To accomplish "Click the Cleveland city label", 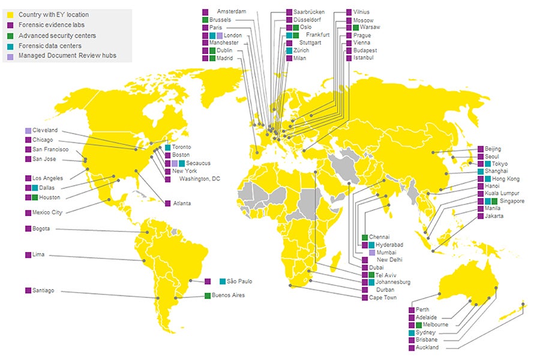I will click(45, 130).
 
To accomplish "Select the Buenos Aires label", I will click(229, 295).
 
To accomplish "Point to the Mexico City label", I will click(48, 212).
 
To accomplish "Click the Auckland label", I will click(428, 347).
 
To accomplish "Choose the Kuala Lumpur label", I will click(502, 194).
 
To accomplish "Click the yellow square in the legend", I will click(10, 13).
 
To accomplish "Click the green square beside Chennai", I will click(364, 237).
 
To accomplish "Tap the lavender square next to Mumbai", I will click(372, 253).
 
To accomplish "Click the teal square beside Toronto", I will click(167, 147).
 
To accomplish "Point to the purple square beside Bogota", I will click(28, 229).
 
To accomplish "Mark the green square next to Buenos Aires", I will click(208, 295).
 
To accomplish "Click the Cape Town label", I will click(383, 298).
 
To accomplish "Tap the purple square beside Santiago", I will click(28, 290).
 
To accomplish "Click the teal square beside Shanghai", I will click(481, 171).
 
